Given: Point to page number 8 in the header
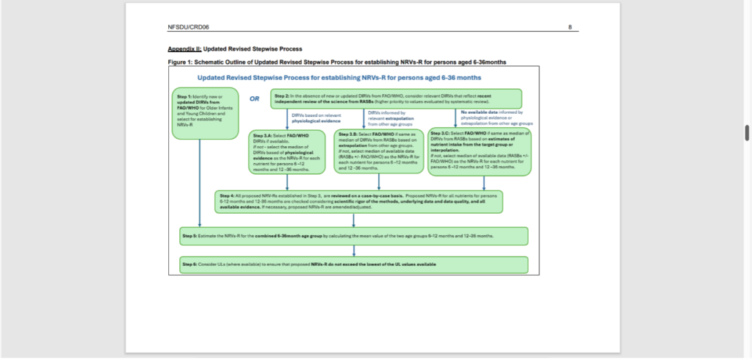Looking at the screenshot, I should [x=570, y=27].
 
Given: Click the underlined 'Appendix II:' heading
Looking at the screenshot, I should [x=184, y=48].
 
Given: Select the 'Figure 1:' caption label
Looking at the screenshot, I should [x=181, y=62].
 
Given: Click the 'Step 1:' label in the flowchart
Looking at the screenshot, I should [x=184, y=97].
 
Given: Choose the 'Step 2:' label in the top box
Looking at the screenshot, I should [x=281, y=96].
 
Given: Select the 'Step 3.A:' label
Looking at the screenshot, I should [x=261, y=137].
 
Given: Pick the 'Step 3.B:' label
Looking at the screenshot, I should [x=349, y=137].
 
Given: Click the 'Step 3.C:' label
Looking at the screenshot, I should [x=441, y=132].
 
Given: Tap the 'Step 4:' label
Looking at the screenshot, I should [x=226, y=195].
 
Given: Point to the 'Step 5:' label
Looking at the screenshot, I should [x=190, y=236].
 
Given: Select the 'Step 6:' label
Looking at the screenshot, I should [x=190, y=263].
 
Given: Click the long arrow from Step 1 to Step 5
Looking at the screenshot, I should [x=200, y=184].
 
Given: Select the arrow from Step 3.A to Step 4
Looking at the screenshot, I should [x=286, y=181].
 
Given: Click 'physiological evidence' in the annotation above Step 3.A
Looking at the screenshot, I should [x=308, y=120].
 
